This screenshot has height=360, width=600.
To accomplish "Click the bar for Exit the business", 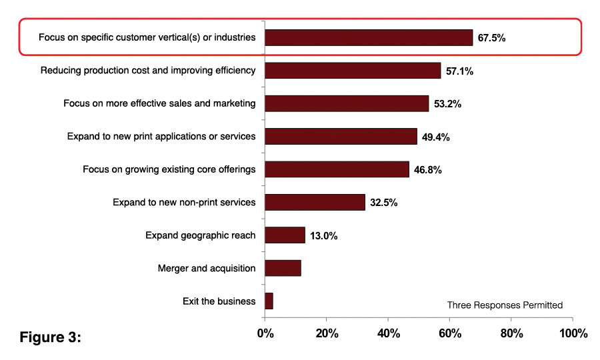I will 269,301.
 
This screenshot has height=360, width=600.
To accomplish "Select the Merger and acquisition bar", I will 283,268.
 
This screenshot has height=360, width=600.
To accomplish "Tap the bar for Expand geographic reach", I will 285,235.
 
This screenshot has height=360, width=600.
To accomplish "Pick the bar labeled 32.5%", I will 315,202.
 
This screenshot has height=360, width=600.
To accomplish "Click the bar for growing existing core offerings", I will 337,169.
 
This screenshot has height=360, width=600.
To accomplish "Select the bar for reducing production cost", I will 353,71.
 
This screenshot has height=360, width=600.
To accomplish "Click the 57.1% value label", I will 459,71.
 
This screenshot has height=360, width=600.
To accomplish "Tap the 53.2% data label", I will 447,104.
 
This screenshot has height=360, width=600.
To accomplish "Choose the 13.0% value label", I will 323,236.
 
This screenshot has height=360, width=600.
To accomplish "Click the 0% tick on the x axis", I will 265,333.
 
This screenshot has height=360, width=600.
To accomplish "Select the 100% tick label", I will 572,333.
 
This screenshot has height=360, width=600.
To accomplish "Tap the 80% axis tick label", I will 511,333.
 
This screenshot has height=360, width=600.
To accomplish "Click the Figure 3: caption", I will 50,337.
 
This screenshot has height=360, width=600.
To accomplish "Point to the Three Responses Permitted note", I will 505,305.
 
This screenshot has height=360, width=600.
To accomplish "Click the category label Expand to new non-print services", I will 184,203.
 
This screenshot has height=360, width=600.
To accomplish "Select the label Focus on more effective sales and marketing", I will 159,103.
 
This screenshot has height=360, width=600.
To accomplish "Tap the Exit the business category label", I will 219,301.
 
